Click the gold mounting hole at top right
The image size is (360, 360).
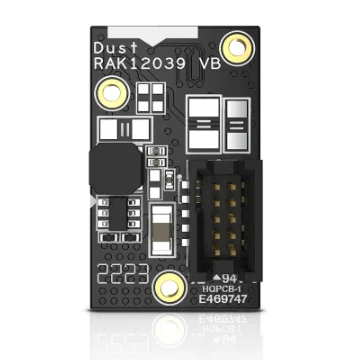pyautogui.click(x=238, y=44)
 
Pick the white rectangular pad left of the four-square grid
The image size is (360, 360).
pyautogui.click(x=119, y=129)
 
